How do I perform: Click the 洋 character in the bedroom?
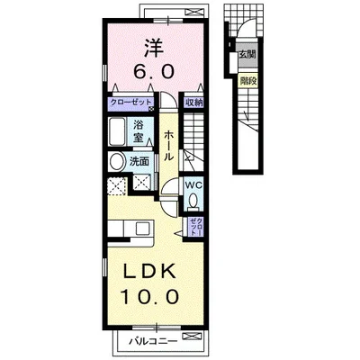155,48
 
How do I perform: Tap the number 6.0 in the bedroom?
154,72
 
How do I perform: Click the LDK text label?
150,272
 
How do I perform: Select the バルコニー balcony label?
153,341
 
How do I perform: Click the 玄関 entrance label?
247,55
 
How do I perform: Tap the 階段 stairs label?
247,81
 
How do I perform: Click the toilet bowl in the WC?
193,201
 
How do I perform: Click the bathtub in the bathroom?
117,131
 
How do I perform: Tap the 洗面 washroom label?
139,162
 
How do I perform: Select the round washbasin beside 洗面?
117,162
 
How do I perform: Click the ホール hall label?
168,145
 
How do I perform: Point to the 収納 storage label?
193,103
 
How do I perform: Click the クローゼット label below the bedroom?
130,102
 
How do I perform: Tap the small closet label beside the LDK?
195,226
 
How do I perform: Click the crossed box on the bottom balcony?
192,336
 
